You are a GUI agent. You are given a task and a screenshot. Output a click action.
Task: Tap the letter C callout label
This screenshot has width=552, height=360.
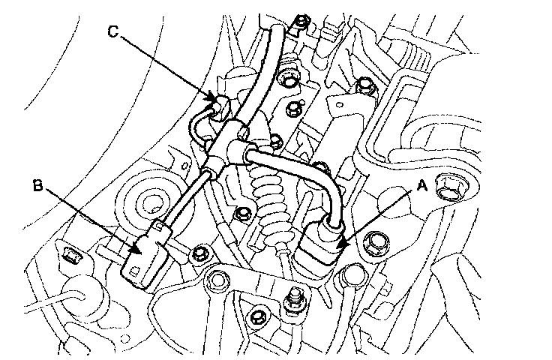[x=112, y=31]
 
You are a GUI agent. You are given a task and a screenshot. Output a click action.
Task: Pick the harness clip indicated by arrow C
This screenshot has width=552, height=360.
[x=220, y=106]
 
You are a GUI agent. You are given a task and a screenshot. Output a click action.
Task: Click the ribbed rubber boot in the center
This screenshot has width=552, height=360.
[x=269, y=198]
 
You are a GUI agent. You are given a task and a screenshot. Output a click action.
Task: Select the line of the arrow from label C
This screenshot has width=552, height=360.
[x=165, y=66]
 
